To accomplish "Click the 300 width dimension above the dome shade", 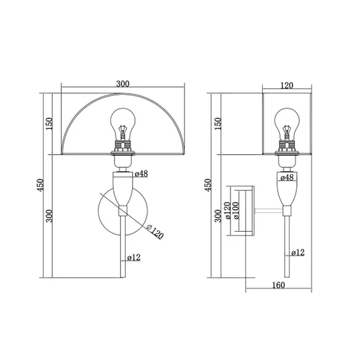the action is (x=123, y=84).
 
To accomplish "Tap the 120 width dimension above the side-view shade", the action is (x=287, y=85).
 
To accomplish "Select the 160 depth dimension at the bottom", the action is (x=279, y=285).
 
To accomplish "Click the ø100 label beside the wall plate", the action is (x=236, y=210).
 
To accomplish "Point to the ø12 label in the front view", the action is (x=134, y=258).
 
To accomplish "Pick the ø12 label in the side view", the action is (x=297, y=253).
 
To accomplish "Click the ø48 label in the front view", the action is (x=141, y=174).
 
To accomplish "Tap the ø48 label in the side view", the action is (x=287, y=177).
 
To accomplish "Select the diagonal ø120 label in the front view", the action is (x=155, y=231).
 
